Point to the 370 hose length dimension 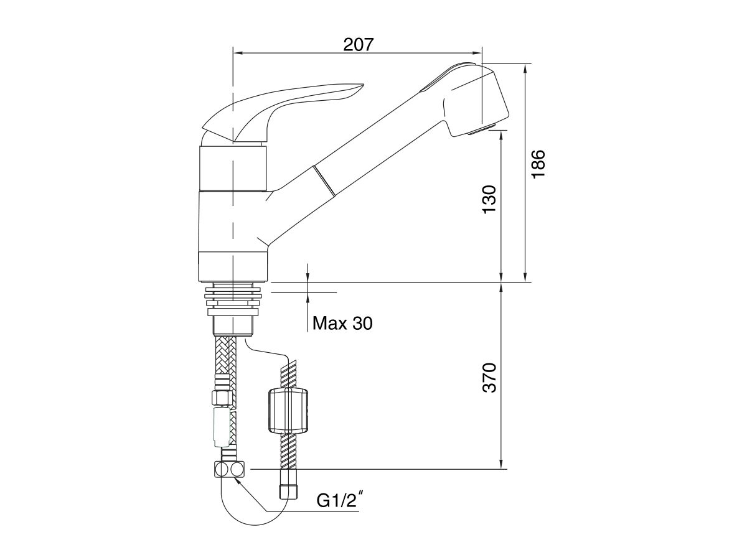pyautogui.click(x=489, y=377)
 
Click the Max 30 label pyautogui.click(x=342, y=323)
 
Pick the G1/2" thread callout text pyautogui.click(x=339, y=500)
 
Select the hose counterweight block pyautogui.click(x=289, y=411)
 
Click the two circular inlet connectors pyautogui.click(x=229, y=469)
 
